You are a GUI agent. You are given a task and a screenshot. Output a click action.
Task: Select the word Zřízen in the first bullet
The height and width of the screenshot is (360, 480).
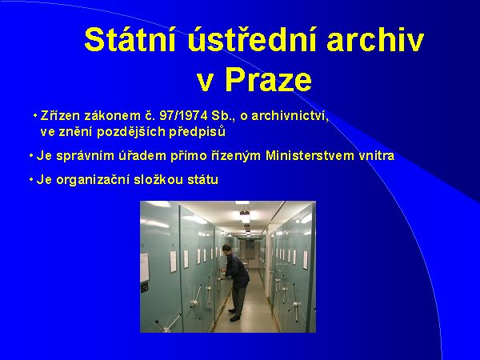(58, 116)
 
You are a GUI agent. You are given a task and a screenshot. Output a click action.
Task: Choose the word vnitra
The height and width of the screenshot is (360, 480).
(376, 155)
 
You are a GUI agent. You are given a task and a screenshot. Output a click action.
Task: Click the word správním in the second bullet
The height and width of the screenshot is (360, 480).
(81, 155)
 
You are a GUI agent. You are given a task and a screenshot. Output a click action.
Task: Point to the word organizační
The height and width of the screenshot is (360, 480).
(90, 179)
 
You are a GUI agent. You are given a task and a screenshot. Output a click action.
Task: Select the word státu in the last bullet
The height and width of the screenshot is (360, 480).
(201, 179)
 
